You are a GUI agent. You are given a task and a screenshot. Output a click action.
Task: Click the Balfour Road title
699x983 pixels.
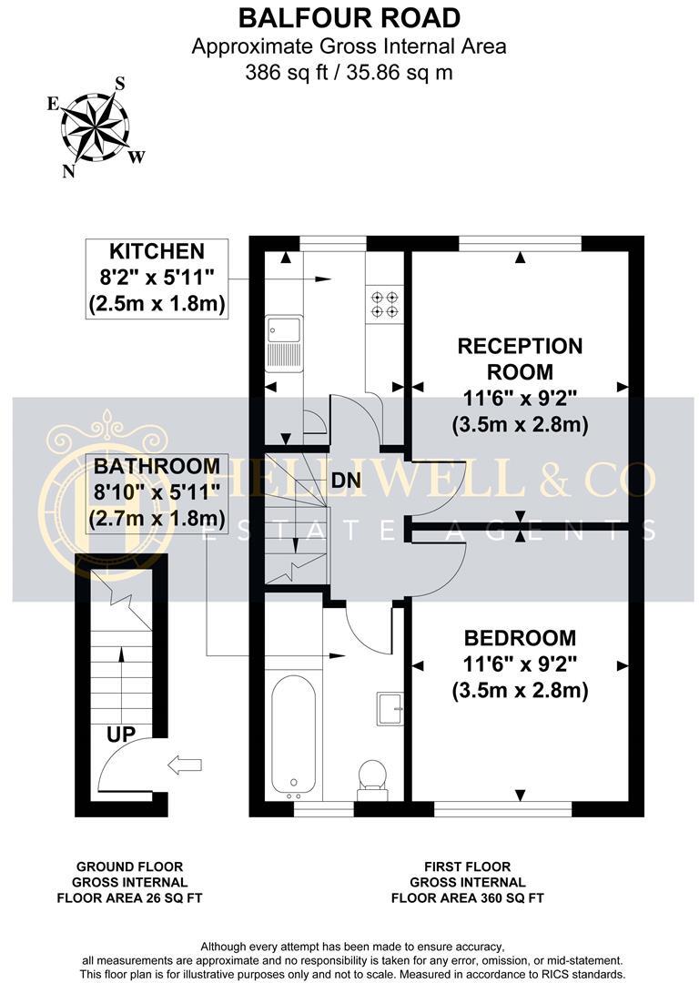click(349, 16)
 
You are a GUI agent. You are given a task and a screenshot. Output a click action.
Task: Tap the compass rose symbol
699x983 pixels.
click(94, 126)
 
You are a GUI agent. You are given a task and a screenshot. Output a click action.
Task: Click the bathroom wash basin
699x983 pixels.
click(390, 708)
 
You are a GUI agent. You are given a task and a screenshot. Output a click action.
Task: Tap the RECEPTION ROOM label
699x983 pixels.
click(520, 359)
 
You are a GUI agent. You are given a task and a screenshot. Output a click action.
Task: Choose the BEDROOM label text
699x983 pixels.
click(520, 637)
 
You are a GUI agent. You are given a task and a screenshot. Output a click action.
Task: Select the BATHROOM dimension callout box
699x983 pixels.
click(156, 492)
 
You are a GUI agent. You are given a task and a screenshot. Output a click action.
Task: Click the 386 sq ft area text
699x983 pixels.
click(349, 72)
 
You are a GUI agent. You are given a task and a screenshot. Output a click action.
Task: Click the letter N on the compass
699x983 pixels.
click(68, 170)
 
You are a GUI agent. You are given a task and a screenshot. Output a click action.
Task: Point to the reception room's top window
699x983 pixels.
click(520, 242)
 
